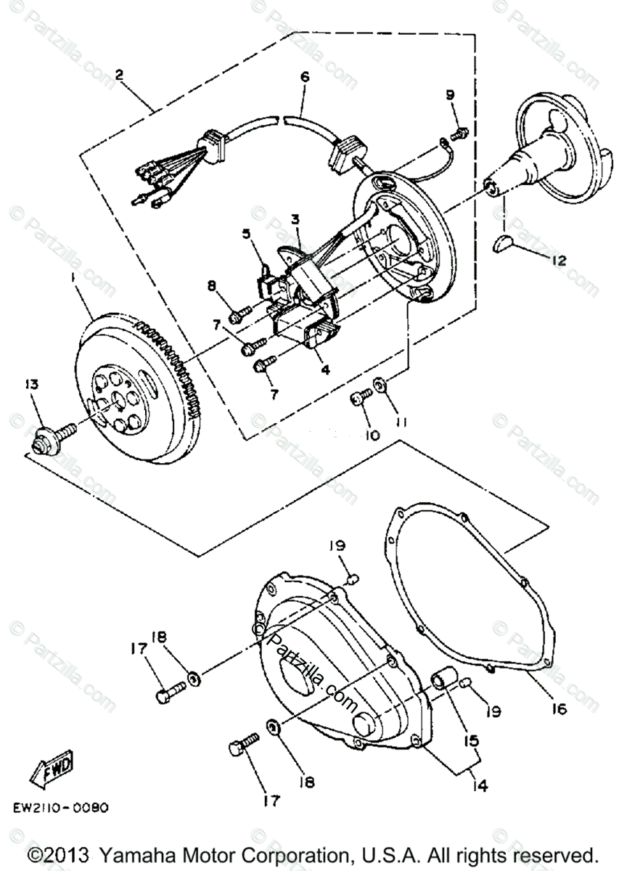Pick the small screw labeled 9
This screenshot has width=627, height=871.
click(x=459, y=134)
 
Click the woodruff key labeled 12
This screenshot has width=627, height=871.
click(x=502, y=245)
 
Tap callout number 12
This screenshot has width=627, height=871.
click(x=559, y=259)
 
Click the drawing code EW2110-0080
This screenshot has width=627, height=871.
click(x=71, y=807)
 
